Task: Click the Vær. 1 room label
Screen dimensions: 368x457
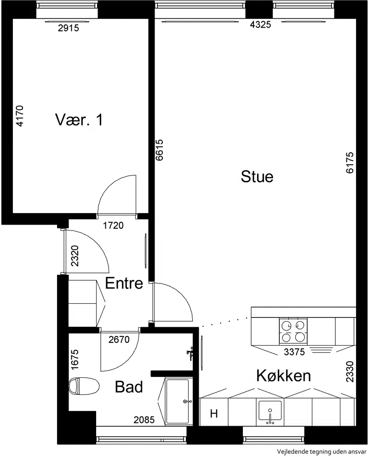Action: point(79,120)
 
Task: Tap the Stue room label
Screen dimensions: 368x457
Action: point(257,177)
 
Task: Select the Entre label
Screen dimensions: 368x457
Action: point(124,283)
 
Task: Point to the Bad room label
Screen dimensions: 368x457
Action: point(129,387)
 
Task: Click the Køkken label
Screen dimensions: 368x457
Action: point(283,376)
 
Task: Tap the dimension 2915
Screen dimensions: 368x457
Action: point(69,28)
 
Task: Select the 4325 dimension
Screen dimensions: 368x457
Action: point(260,25)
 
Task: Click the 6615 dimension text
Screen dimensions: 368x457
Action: point(159,150)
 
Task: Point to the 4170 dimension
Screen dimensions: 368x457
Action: point(19,116)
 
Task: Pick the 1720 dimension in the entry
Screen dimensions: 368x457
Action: point(113,226)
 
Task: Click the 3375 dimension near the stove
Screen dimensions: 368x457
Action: point(294,352)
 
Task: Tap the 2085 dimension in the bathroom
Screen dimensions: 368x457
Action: point(144,420)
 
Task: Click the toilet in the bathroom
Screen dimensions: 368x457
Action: point(84,386)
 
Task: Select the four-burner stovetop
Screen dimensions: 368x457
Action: point(293,331)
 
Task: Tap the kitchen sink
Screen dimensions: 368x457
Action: point(270,412)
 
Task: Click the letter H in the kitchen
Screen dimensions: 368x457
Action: point(214,414)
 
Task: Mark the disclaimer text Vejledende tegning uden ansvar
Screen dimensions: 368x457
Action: point(322,451)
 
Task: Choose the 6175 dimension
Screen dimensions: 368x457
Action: point(350,162)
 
